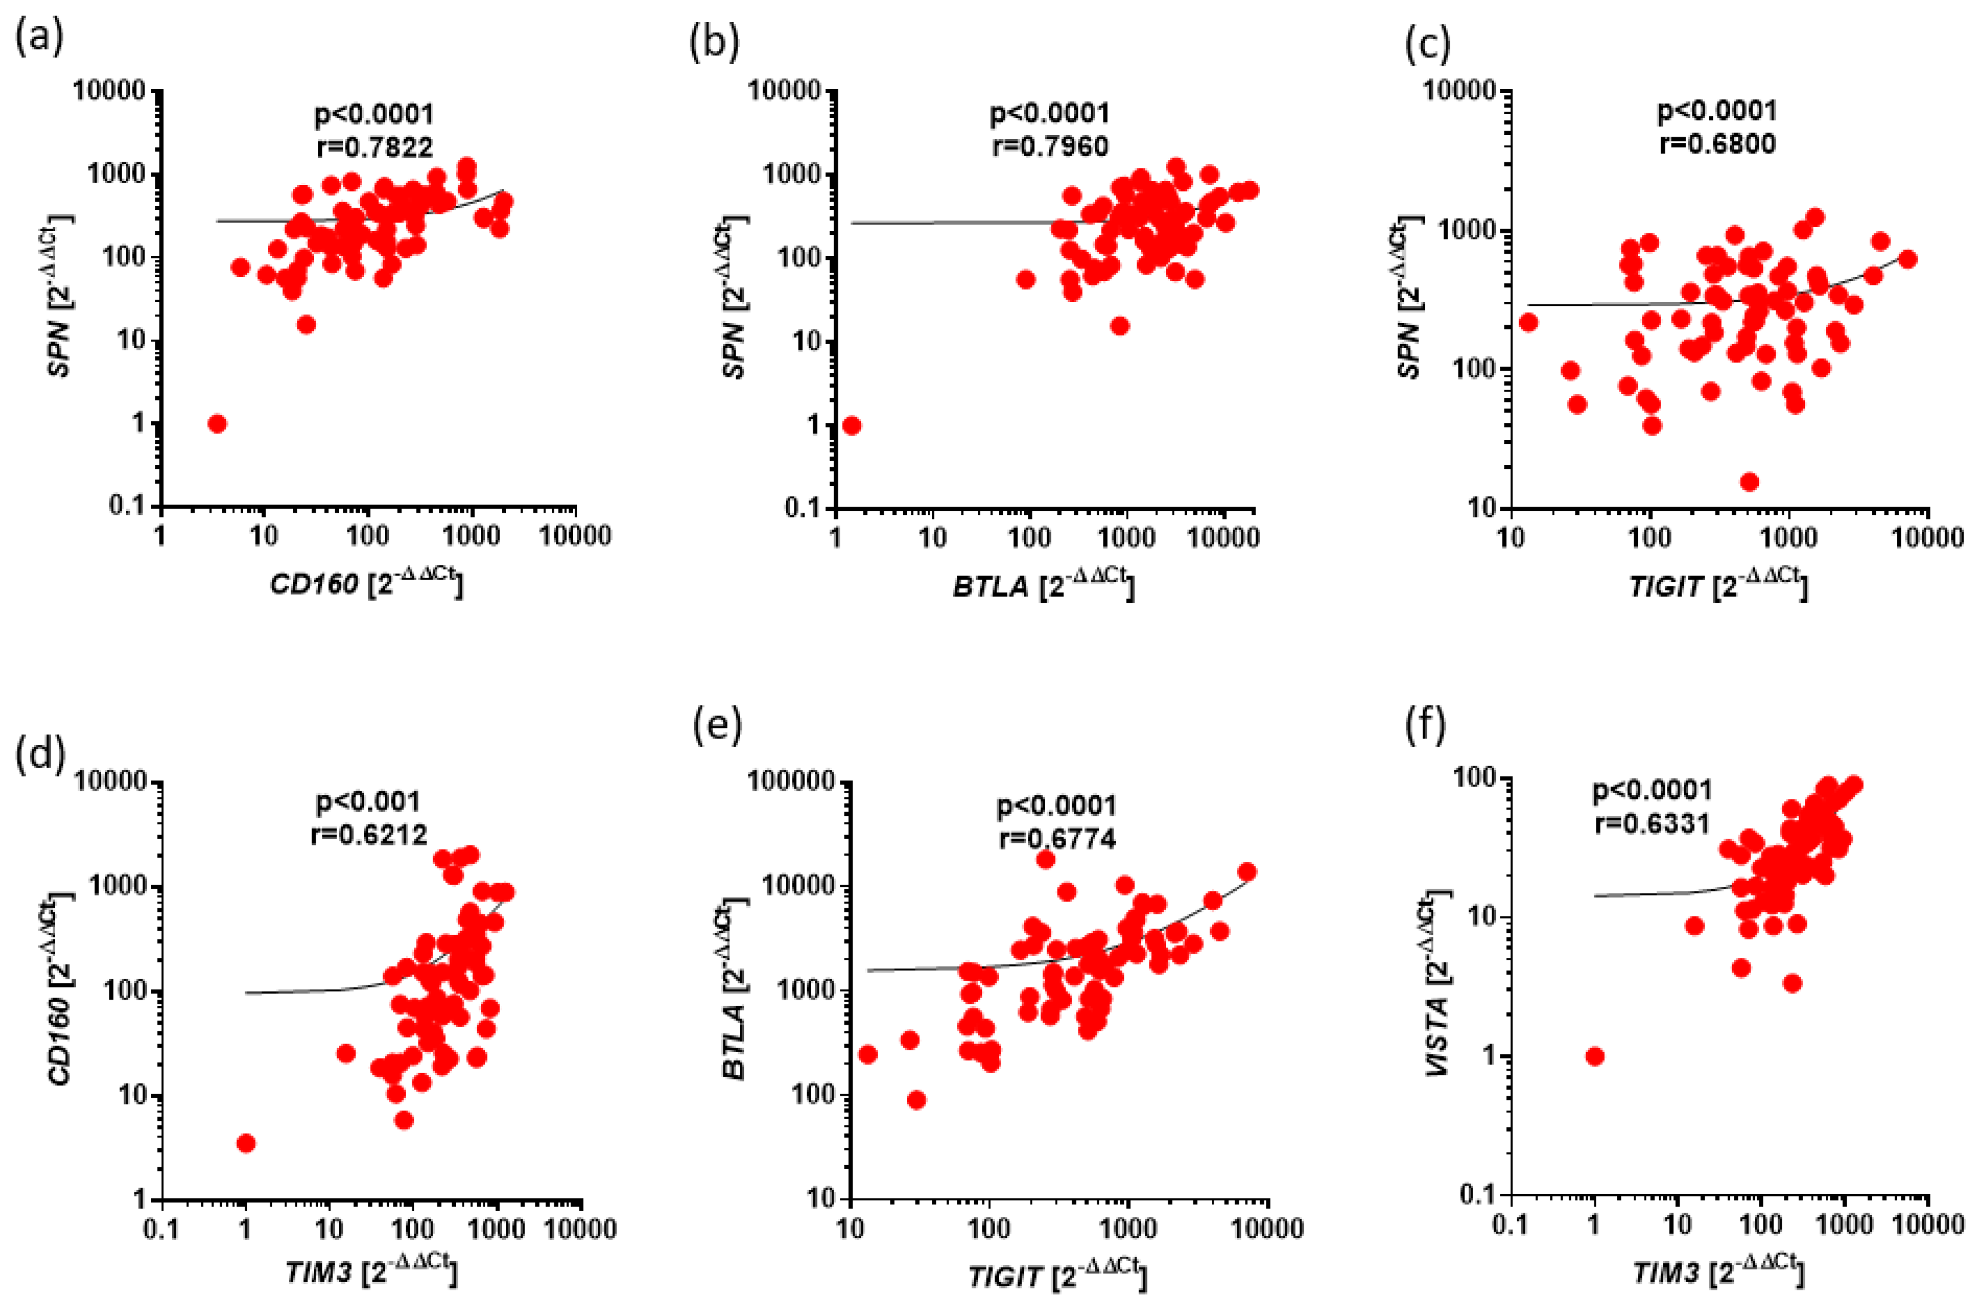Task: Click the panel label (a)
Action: coord(38,38)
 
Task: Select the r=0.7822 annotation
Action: coord(375,147)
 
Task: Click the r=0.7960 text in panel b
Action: coord(1050,147)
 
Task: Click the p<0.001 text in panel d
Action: coord(368,802)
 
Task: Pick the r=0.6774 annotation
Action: coord(1057,839)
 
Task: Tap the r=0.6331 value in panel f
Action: coord(1653,824)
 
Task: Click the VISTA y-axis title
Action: coord(1439,983)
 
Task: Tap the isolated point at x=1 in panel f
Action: coord(1595,1056)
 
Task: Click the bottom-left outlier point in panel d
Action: coord(246,1143)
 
